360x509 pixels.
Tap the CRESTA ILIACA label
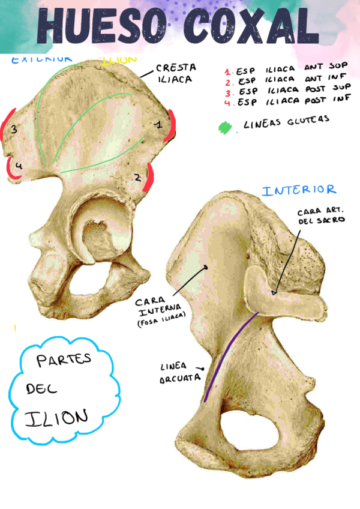[x=175, y=73]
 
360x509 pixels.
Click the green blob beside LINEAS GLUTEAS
[x=225, y=127]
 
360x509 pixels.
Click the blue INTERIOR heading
[x=299, y=191]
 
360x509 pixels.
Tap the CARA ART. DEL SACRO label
[x=321, y=217]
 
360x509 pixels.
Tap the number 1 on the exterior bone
[x=158, y=125]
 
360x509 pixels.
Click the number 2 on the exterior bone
[x=137, y=177]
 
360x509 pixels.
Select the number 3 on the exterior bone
[x=13, y=128]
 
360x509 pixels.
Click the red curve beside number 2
[x=149, y=178]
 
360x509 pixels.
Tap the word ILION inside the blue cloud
[x=56, y=417]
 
